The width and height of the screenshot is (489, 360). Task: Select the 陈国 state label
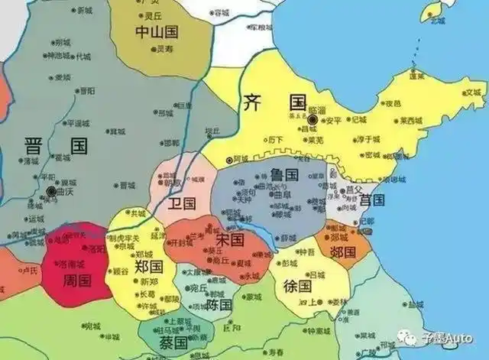click(x=219, y=304)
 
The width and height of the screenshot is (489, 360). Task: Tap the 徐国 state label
click(x=297, y=287)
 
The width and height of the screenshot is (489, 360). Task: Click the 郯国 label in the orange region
click(x=343, y=251)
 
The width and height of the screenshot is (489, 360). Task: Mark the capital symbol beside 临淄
click(x=312, y=120)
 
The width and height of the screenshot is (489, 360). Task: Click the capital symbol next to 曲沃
click(x=50, y=190)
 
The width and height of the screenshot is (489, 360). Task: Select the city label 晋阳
click(x=86, y=90)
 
